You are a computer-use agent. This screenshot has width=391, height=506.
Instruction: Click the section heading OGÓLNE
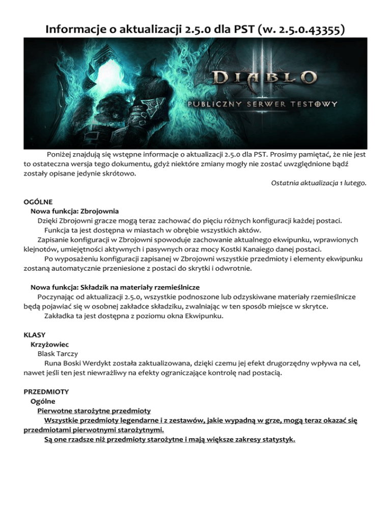(x=39, y=201)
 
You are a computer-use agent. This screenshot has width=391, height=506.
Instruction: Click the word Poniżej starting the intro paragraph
(x=61, y=154)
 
